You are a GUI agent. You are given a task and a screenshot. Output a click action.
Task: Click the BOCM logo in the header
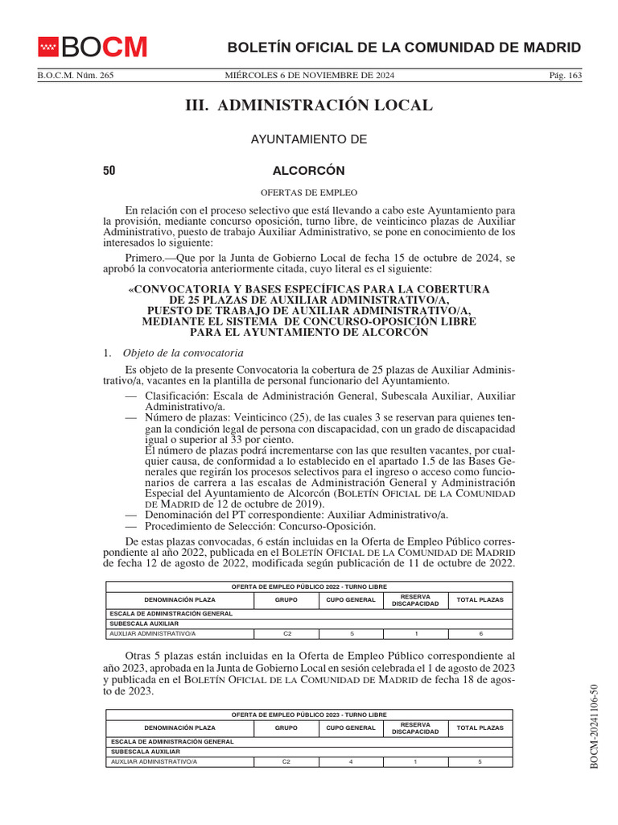93,48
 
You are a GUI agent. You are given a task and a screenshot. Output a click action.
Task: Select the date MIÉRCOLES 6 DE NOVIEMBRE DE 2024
309,76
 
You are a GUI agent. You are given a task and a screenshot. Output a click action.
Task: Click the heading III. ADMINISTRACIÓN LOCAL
309,106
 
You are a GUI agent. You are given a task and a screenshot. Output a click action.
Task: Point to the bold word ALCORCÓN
309,171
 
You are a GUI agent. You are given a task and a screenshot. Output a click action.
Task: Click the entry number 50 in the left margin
109,171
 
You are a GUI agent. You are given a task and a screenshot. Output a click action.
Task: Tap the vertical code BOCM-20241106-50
595,726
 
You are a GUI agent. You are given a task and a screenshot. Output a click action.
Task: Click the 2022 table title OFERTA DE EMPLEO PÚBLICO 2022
309,587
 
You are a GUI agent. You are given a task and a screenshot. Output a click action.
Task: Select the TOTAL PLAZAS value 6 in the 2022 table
480,634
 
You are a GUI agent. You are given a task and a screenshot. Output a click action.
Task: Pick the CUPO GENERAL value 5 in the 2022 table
351,634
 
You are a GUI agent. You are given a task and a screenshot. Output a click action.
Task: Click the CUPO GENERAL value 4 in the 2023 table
351,761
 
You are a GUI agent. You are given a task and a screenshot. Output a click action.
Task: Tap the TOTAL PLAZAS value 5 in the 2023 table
480,761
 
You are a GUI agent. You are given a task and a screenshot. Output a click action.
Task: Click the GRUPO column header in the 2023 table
286,728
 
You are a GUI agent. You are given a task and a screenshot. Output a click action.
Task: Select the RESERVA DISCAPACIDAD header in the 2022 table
415,600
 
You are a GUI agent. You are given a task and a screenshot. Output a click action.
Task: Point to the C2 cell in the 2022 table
286,634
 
